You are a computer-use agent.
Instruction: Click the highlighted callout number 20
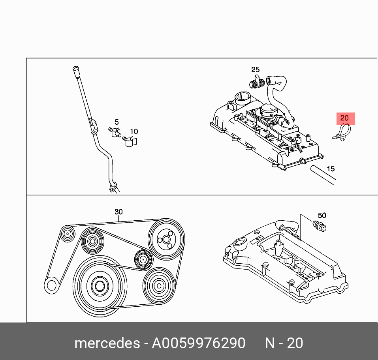click(x=345, y=118)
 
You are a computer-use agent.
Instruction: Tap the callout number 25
click(x=256, y=70)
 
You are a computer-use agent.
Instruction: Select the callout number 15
click(x=331, y=169)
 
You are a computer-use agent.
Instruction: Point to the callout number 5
click(x=117, y=122)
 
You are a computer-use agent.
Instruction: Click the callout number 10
click(x=134, y=131)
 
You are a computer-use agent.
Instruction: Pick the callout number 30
click(x=118, y=212)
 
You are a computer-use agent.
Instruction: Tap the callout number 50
click(x=322, y=216)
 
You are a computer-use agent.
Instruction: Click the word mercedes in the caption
click(x=107, y=343)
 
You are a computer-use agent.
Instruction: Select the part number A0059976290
click(x=199, y=343)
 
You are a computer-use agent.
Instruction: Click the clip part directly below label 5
click(x=115, y=132)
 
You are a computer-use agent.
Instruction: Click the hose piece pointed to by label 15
click(x=322, y=174)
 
